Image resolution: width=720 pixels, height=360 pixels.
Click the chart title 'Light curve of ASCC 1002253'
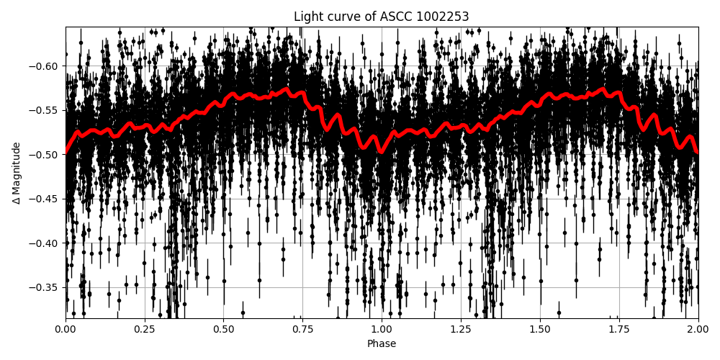[382, 17]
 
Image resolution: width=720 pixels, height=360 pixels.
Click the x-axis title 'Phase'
[382, 344]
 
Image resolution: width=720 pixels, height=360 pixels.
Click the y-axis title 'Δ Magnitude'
[17, 173]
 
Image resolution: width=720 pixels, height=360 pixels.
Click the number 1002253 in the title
[442, 17]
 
